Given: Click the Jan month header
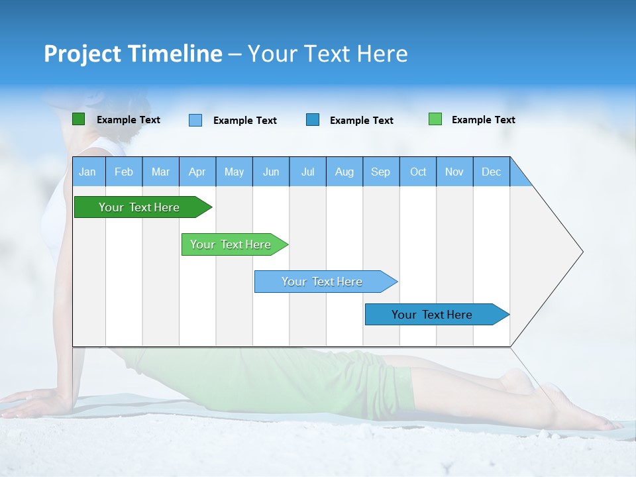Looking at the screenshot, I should coord(88,172).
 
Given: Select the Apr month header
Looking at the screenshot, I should coord(197,172).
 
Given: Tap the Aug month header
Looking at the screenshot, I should coord(344,172).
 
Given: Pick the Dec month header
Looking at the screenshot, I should coord(492,172).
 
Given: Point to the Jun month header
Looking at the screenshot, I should coord(271,172).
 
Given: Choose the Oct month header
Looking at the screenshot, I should coord(418,172).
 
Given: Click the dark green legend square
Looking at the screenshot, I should coord(78,119).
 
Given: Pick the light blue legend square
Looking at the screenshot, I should coord(195,120).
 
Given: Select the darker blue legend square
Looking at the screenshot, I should coord(313,120).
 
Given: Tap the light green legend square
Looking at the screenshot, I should coord(435,119).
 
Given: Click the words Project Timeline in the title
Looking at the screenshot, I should coord(133,54).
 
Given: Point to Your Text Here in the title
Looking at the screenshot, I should coord(328,54).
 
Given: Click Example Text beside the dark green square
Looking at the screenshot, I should coord(129,120).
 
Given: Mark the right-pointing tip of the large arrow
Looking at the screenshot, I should coord(582,252).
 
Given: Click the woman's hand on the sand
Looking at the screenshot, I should coord(30,401).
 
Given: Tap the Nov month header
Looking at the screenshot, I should coord(454,172).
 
